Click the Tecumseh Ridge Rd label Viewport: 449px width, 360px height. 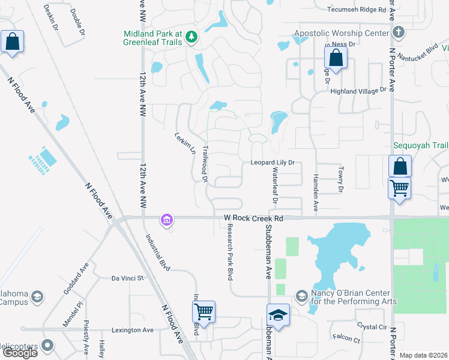tap(356, 10)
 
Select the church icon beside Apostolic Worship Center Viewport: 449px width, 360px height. tap(397, 32)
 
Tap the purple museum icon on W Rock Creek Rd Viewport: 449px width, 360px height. tap(166, 221)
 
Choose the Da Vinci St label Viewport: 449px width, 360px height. tap(128, 278)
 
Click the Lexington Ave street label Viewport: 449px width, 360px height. tap(133, 330)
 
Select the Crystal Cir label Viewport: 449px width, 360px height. tap(372, 326)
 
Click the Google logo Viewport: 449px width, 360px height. tap(19, 353)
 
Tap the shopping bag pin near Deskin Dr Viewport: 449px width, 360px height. tap(12, 42)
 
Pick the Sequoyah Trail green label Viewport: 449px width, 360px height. tap(420, 146)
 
